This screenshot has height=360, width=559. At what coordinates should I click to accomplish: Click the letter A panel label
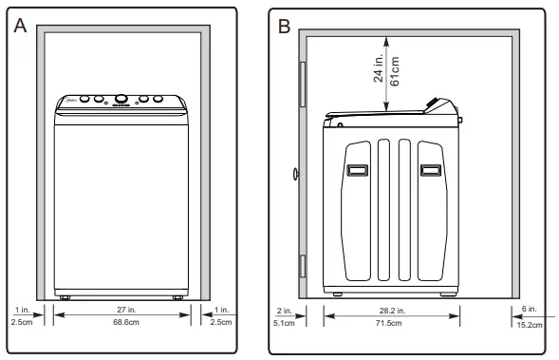[19, 26]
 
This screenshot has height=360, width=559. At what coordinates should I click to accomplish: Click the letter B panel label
[284, 26]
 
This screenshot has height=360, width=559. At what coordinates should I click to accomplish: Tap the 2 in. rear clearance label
[285, 310]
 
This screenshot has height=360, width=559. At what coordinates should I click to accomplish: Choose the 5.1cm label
[285, 324]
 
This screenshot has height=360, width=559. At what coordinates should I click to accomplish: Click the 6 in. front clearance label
[530, 310]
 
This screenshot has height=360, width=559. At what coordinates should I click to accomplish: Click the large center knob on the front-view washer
[121, 99]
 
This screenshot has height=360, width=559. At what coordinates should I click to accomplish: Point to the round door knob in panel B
[296, 175]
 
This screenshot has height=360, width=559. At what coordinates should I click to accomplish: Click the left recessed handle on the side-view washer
[357, 170]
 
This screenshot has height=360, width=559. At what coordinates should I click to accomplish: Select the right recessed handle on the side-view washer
[430, 170]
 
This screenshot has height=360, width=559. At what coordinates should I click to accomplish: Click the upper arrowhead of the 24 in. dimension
[385, 39]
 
